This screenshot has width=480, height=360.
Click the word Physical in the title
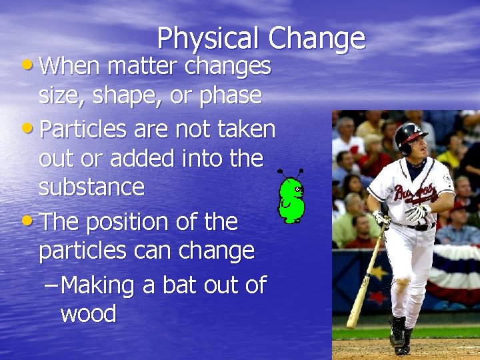coord(209,39)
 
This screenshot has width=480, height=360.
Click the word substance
coord(91,187)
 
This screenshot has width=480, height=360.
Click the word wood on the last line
coord(88,313)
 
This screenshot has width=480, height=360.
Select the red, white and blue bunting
coord(453,273)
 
